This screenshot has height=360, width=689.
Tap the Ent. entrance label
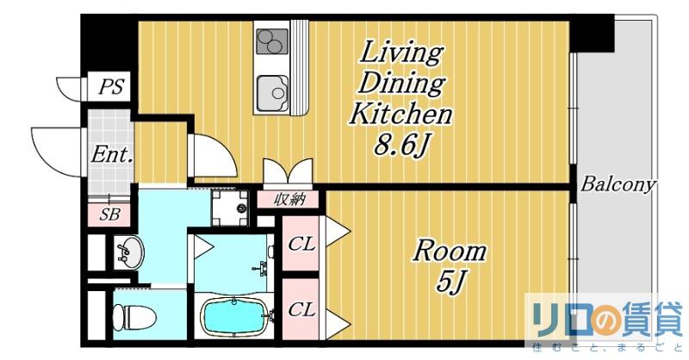(112, 155)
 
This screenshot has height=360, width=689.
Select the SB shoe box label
(109, 214)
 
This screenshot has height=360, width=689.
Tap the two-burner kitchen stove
(272, 41)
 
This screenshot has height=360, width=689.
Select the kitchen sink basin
(272, 93)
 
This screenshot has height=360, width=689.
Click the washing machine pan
(230, 208)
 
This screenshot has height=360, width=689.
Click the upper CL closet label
(302, 244)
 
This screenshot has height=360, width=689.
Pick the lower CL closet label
(302, 310)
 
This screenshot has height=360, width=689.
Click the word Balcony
(618, 185)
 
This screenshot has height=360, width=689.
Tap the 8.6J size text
(401, 146)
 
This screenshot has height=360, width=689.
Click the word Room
(449, 251)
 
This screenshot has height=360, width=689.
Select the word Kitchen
(400, 114)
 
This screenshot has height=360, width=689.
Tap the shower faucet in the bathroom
(261, 268)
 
